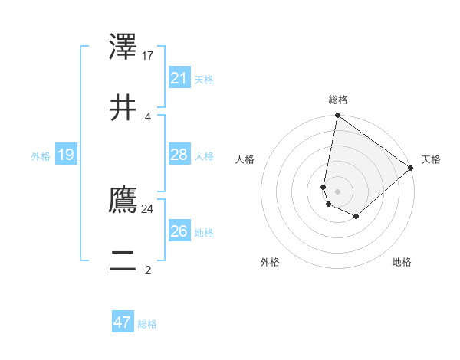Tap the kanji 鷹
[x=123, y=200]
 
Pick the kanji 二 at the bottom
[x=123, y=261]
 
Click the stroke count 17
[x=148, y=55]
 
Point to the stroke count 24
[x=148, y=208]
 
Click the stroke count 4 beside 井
[x=148, y=116]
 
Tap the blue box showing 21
[x=179, y=78]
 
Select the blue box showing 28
[x=179, y=155]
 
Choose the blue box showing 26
[x=179, y=231]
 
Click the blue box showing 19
[x=65, y=155]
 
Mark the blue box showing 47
[x=123, y=322]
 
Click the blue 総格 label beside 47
[x=147, y=324]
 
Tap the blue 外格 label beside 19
[x=41, y=156]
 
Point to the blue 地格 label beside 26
[x=204, y=233]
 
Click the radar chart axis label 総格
[x=337, y=100]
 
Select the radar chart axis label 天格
[x=431, y=159]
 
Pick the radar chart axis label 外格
[x=270, y=262]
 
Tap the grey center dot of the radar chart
[x=337, y=191]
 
